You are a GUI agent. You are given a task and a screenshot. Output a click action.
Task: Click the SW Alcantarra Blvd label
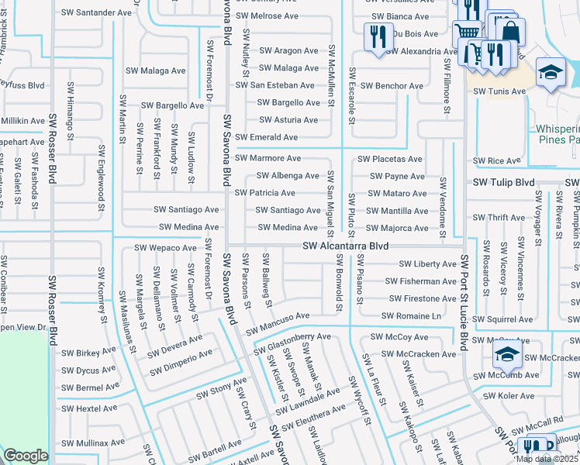pos(345,246)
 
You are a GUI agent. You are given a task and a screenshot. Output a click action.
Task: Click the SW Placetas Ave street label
pos(390,160)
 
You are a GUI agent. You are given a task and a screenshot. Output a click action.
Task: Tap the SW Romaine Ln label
pos(411,316)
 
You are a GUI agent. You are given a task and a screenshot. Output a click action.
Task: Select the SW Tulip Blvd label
pos(505,182)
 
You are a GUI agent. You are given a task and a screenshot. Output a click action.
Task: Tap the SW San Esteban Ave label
pos(276,85)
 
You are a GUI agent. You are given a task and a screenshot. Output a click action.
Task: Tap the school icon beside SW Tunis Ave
pos(551,74)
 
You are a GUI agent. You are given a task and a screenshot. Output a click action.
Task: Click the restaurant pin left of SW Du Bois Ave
pos(377,37)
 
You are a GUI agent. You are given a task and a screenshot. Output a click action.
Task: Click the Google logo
pos(26,456)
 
